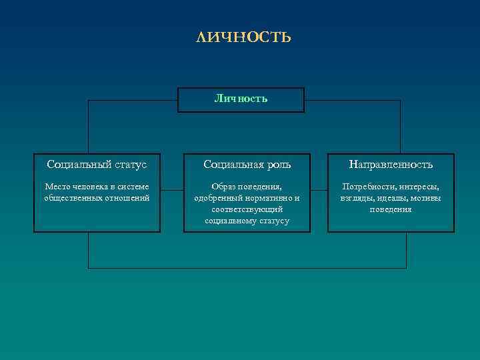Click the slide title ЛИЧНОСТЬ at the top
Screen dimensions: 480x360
(244, 37)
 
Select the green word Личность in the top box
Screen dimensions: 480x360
(241, 99)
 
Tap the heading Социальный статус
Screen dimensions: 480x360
(97, 164)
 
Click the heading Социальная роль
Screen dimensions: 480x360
(247, 164)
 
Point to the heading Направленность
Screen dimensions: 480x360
(391, 164)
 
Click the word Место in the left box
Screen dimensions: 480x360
(55, 187)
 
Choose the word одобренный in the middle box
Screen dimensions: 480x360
(215, 198)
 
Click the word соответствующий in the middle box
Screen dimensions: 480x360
(247, 209)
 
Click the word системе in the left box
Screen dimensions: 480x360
(135, 187)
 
